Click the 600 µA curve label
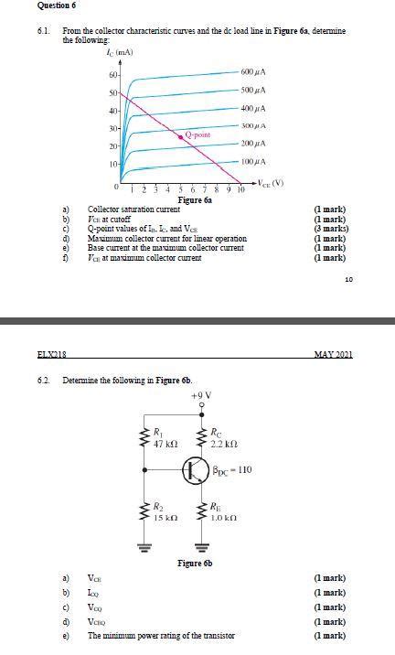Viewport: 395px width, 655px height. tap(254, 72)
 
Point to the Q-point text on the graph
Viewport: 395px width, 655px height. tap(197, 134)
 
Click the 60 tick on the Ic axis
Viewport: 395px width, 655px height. tap(112, 74)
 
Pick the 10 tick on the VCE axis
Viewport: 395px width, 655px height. tap(241, 190)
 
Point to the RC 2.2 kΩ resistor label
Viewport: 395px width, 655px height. tap(222, 437)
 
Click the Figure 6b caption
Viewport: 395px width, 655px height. tap(195, 563)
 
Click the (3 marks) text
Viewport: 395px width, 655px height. tap(329, 228)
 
